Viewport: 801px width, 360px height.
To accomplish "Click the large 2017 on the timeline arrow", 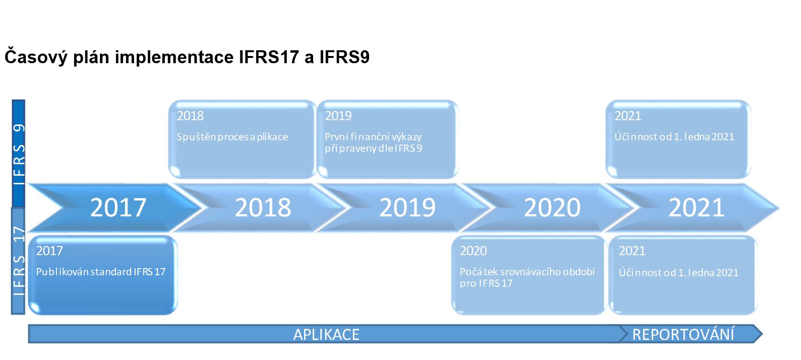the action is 118,207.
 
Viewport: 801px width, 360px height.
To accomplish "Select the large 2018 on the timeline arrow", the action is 263,207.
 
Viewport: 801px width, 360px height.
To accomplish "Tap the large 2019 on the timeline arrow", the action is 407,207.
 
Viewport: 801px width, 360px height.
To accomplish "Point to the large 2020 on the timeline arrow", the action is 552,207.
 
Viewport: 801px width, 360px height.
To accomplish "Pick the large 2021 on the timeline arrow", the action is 697,207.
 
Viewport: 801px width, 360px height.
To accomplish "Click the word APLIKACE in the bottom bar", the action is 326,335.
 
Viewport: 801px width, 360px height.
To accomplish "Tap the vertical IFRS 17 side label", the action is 19,261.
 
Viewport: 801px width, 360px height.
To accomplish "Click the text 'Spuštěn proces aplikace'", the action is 232,137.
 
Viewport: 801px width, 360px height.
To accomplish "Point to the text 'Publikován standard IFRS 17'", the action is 101,272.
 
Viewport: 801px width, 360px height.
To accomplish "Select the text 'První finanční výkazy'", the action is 373,137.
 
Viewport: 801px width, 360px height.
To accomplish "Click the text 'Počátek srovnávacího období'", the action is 527,272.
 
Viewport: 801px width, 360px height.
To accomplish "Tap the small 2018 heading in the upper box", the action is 190,116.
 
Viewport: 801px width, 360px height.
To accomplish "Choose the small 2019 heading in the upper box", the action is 338,116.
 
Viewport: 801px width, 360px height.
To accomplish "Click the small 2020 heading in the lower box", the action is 473,251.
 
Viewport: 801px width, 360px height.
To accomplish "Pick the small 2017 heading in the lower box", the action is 49,251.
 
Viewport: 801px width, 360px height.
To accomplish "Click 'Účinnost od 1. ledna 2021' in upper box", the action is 674,137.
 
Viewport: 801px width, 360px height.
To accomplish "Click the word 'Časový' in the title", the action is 36,57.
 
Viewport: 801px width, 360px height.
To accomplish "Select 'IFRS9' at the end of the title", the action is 344,57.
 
